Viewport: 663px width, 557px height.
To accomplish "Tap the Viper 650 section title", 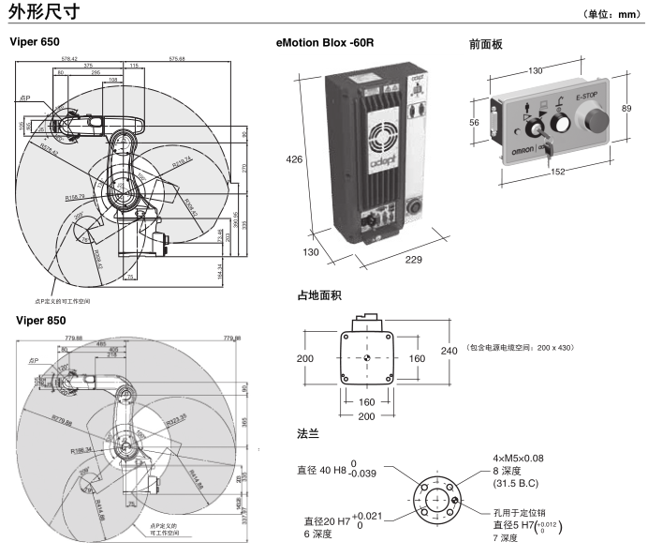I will click(34, 42).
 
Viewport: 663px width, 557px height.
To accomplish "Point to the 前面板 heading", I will click(486, 43).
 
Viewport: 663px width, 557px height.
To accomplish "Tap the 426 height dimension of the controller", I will click(294, 160).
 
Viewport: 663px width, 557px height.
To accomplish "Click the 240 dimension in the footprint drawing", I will click(449, 351).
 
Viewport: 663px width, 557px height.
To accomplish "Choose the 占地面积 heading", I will click(318, 295).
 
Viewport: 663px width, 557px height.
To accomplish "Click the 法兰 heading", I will click(308, 434).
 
